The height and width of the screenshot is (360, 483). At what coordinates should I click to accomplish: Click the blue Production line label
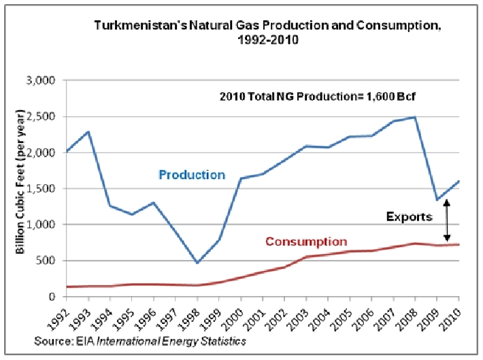click(191, 175)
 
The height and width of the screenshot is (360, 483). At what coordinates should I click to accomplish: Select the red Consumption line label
click(306, 242)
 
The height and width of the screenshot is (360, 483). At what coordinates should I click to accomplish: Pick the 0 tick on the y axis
click(52, 297)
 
